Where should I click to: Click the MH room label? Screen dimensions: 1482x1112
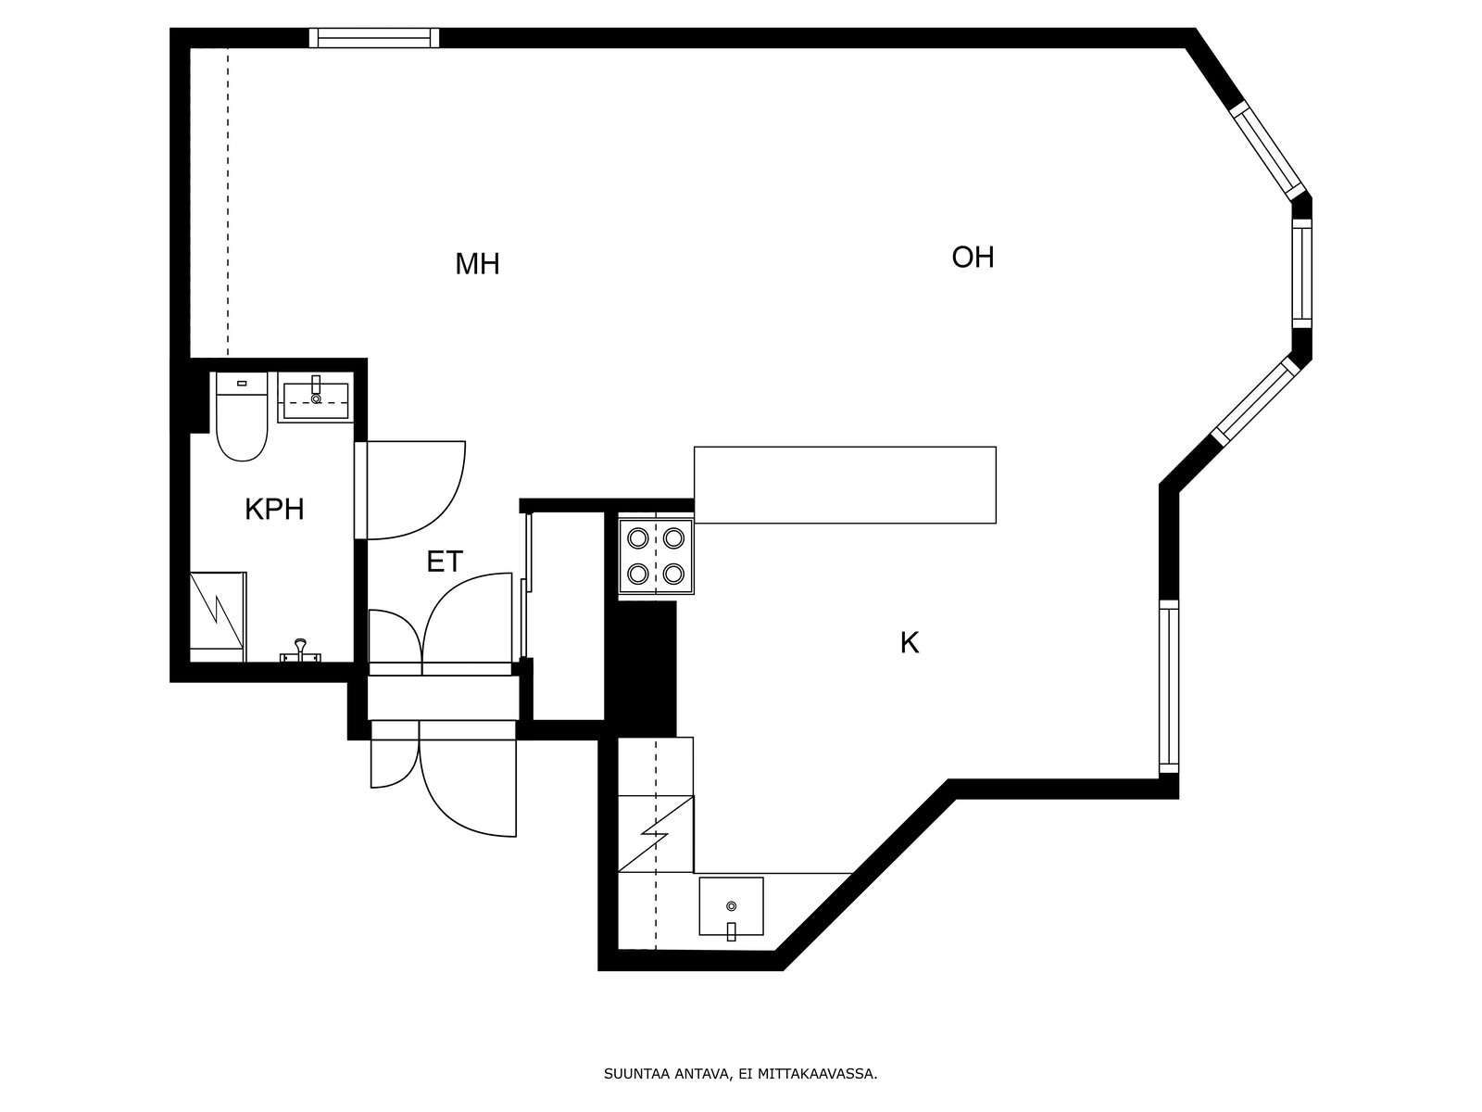[x=477, y=264]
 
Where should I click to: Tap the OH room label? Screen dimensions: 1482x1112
[x=973, y=258]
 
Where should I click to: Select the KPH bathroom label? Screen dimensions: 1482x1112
[x=274, y=510]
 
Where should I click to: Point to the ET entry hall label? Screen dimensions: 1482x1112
[x=445, y=562]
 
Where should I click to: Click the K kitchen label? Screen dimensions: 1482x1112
[x=909, y=643]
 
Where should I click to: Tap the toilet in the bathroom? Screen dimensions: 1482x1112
[x=242, y=416]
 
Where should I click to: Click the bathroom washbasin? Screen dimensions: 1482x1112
[x=316, y=397]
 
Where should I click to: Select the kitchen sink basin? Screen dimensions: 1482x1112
[x=731, y=906]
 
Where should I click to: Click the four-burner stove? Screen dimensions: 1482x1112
[x=657, y=556]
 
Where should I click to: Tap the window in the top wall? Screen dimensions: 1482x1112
[x=374, y=38]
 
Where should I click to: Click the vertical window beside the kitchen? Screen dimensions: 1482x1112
[x=1169, y=687]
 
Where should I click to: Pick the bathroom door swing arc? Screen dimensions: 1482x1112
[x=449, y=505]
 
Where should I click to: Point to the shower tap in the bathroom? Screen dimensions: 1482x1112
[x=300, y=651]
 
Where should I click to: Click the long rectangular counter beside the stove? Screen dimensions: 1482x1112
[x=845, y=485]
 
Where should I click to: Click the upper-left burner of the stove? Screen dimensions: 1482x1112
[x=638, y=538]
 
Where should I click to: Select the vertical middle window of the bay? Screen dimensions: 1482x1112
[x=1301, y=273]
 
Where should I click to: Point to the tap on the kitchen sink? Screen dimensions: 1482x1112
[x=731, y=931]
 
